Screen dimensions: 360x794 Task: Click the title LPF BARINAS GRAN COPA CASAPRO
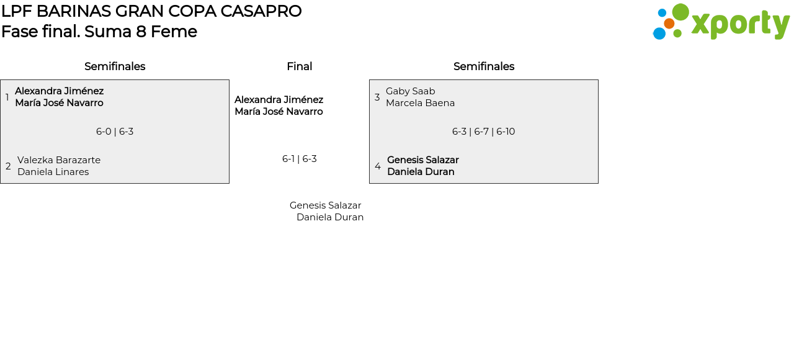(x=151, y=11)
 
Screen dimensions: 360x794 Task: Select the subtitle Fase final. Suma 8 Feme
(x=99, y=32)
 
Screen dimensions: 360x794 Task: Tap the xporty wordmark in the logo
(x=740, y=24)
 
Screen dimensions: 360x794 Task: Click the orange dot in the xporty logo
(x=669, y=24)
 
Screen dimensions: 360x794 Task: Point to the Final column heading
(x=299, y=66)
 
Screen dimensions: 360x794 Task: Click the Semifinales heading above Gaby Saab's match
(x=484, y=66)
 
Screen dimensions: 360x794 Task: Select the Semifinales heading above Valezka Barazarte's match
(x=115, y=66)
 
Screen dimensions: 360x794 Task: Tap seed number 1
(x=7, y=97)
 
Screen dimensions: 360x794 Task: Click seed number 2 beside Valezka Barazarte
(x=8, y=166)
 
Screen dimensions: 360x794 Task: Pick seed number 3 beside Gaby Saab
(x=377, y=97)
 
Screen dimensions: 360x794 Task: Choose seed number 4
(x=378, y=166)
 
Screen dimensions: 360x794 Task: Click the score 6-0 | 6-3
(x=115, y=132)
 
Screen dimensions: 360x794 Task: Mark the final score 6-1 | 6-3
(x=300, y=159)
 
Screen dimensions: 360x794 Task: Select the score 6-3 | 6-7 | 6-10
(x=484, y=132)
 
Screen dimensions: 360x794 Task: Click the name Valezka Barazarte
(x=59, y=160)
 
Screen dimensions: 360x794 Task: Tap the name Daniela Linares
(x=53, y=172)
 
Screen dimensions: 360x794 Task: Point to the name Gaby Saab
(x=411, y=91)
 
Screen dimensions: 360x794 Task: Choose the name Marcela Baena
(x=421, y=103)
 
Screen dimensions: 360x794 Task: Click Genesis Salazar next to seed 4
(x=423, y=160)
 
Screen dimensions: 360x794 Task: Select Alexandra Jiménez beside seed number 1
(x=60, y=91)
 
